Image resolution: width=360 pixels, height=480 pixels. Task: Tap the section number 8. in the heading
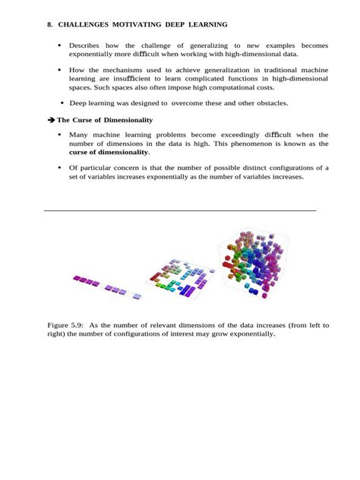coord(49,25)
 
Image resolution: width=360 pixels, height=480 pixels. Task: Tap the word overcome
coord(188,103)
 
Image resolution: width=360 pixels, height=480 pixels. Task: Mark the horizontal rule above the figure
coord(180,210)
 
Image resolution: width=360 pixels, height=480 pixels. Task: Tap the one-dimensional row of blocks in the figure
coord(106,286)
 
